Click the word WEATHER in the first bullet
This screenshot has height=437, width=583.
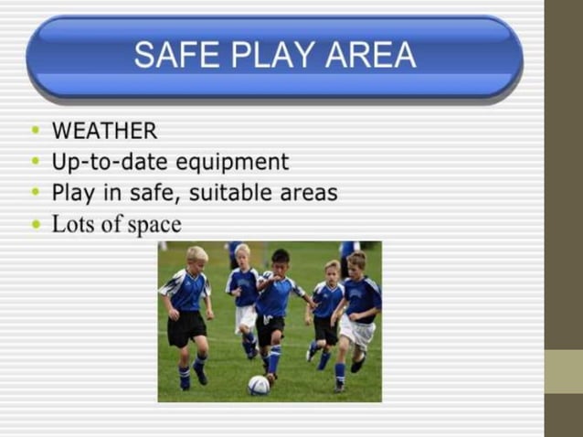coord(104,131)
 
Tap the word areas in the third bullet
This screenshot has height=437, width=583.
coord(306,194)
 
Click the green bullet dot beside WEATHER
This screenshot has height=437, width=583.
coord(36,132)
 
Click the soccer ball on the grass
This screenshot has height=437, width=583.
coord(259,385)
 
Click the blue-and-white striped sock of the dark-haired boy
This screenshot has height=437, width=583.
coord(274,359)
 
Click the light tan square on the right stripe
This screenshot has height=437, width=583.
coord(563,371)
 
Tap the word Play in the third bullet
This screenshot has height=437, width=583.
coord(73,194)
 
